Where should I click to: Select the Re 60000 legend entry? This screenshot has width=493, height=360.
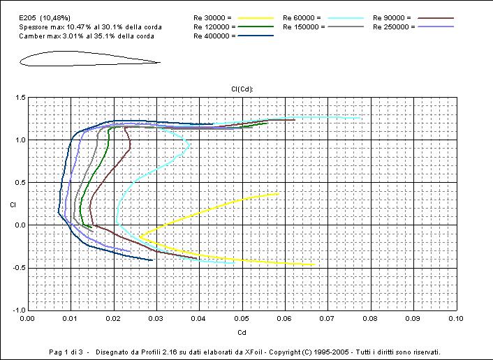coord(302,17)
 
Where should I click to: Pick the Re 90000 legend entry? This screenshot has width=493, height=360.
coord(392,17)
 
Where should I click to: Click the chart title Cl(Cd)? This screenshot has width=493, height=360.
coord(242,89)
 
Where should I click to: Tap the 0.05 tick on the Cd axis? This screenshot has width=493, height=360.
coord(242,318)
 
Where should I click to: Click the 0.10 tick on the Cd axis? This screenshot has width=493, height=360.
coord(455,318)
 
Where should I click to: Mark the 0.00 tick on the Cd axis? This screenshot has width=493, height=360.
coord(27,318)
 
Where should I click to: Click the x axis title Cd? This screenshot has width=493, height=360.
coord(242,332)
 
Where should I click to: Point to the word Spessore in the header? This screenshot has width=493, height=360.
coord(34,26)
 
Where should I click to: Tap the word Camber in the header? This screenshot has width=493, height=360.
coord(31,35)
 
